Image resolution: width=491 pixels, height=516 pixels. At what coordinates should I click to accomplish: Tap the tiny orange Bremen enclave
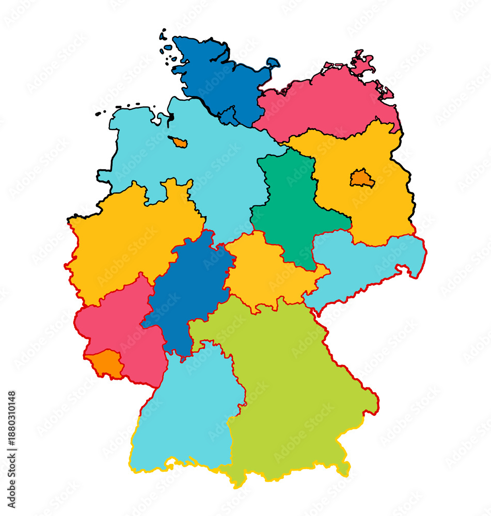[x=178, y=142]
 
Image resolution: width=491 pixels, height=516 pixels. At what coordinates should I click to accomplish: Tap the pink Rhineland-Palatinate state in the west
[x=119, y=330]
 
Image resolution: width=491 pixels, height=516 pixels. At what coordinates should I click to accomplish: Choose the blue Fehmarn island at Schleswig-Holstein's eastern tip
[x=273, y=63]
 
